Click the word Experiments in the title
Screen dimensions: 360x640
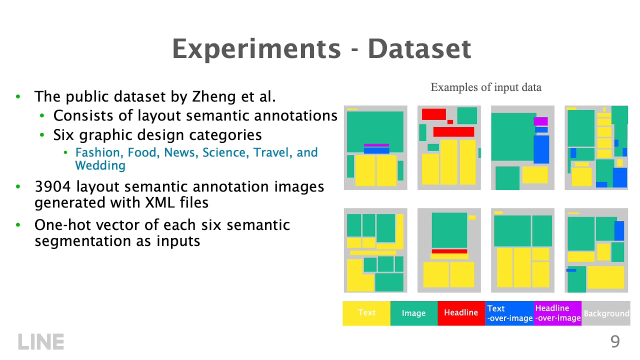point(256,49)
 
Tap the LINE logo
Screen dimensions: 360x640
point(41,342)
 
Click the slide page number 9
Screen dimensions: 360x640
point(615,342)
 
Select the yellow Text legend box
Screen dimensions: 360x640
point(366,313)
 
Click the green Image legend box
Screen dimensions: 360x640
point(413,313)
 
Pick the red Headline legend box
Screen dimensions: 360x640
point(461,313)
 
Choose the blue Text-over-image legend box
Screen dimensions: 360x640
point(509,313)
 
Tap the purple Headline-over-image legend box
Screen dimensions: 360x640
point(557,313)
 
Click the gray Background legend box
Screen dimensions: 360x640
point(606,313)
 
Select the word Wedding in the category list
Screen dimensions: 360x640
point(100,165)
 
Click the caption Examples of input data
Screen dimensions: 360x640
point(486,87)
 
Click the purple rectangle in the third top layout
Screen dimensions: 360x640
point(540,121)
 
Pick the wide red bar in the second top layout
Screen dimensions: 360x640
point(453,132)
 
